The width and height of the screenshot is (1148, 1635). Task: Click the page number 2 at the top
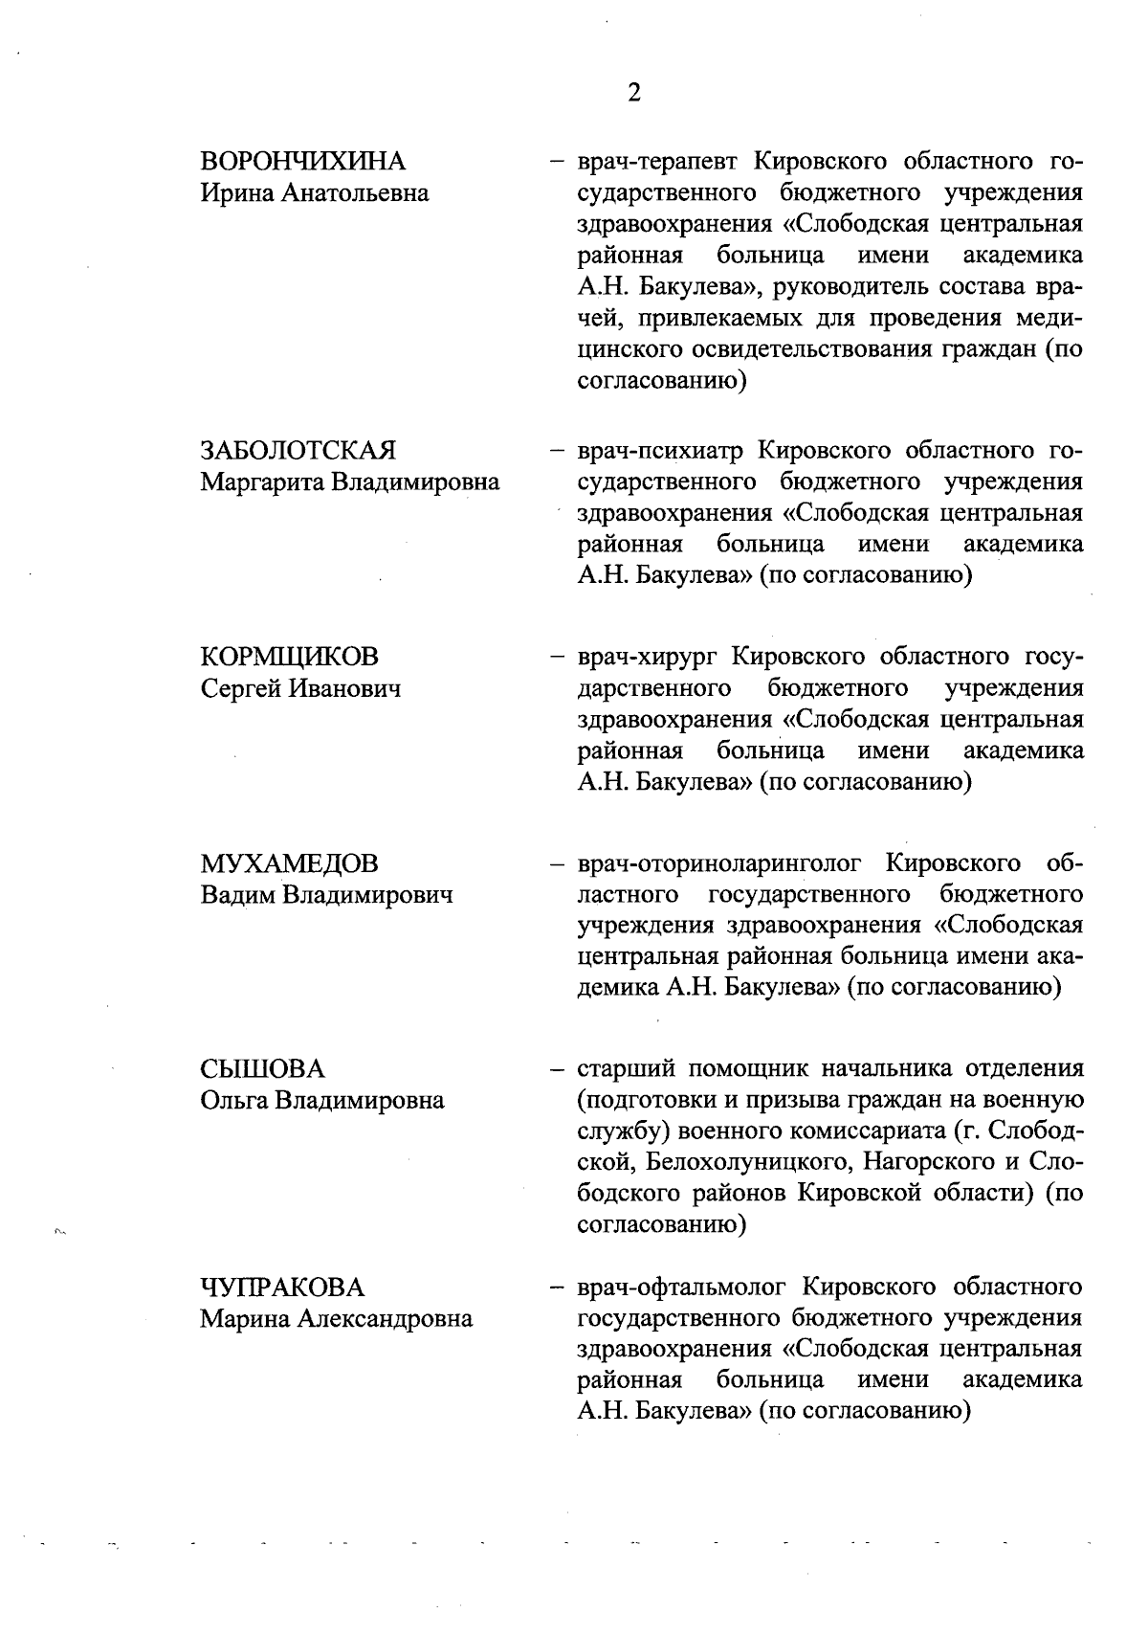click(x=633, y=92)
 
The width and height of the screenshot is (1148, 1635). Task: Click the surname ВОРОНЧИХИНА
click(x=302, y=161)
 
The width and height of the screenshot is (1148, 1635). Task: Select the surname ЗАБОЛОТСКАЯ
click(x=298, y=450)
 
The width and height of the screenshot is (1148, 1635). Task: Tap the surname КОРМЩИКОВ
click(x=289, y=657)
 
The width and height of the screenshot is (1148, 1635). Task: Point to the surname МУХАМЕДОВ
click(x=289, y=863)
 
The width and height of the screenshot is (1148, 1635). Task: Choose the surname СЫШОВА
click(x=262, y=1069)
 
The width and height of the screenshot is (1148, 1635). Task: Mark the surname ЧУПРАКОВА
click(x=282, y=1287)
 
